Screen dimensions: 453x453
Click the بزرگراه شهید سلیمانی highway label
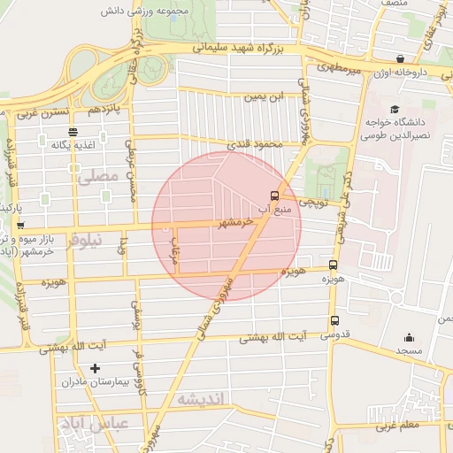(x=240, y=48)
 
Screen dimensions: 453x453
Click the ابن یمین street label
(x=266, y=95)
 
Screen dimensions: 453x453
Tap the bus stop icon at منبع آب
(x=274, y=196)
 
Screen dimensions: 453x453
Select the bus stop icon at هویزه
(x=334, y=264)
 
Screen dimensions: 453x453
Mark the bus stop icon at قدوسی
(x=334, y=320)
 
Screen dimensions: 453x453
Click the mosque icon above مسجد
(x=409, y=337)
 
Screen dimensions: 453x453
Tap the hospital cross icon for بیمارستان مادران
(x=96, y=368)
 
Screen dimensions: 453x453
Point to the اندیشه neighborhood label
(x=203, y=400)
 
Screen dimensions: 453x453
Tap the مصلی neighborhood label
(x=96, y=176)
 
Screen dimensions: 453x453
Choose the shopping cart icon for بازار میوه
(x=20, y=226)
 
